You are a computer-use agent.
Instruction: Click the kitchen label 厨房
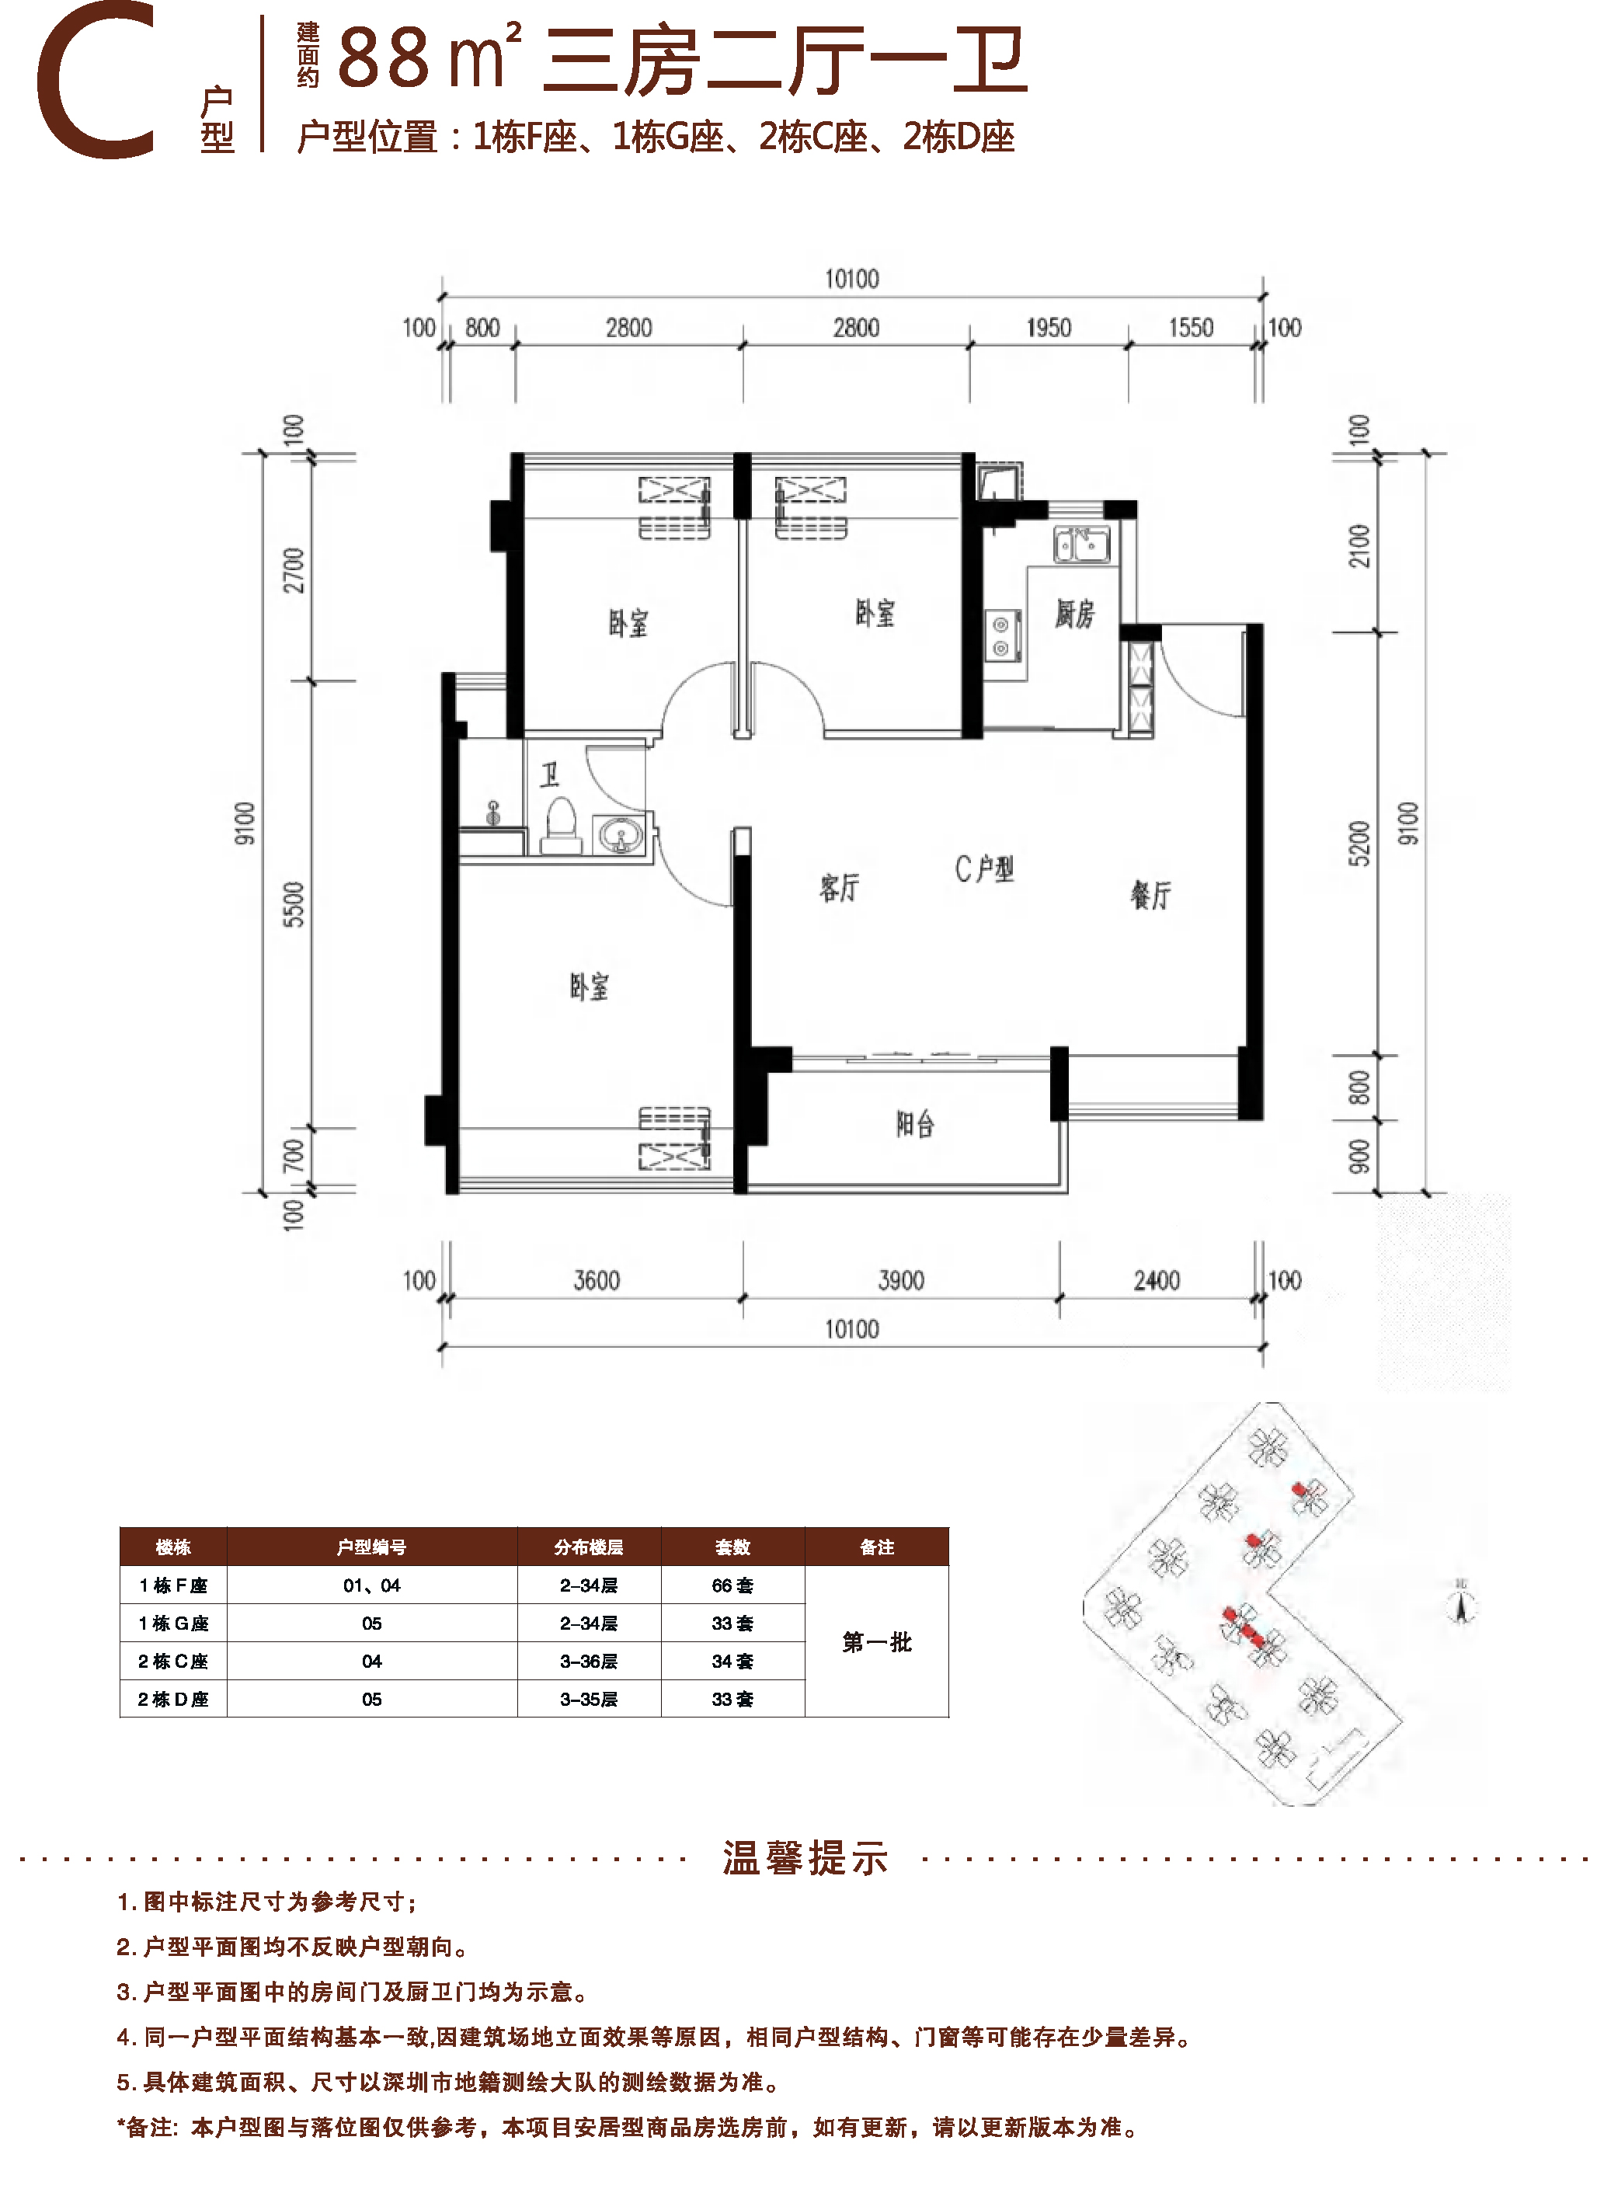tap(1074, 614)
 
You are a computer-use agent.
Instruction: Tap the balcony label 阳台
tap(915, 1124)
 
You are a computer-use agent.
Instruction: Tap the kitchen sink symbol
tap(1081, 544)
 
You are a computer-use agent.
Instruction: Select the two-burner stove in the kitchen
tap(1001, 635)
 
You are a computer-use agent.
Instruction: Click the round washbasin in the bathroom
tap(618, 834)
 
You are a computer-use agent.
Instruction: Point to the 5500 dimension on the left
tap(294, 903)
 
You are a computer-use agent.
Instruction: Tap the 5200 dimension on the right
tap(1359, 842)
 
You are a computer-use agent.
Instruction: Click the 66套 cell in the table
tap(732, 1585)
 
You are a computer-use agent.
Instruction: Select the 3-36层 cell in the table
tap(589, 1661)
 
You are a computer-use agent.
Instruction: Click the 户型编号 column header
tap(371, 1547)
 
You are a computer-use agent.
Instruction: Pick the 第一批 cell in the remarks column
tap(876, 1641)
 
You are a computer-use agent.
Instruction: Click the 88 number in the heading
tap(384, 58)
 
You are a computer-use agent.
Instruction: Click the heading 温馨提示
tap(805, 1857)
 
